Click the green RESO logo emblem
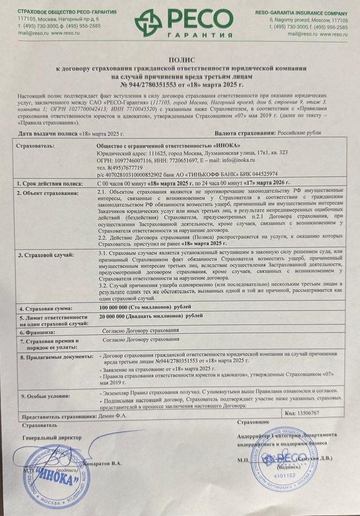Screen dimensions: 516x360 click(148, 22)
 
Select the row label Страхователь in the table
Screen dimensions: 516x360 click(35, 146)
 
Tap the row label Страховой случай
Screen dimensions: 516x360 click(46, 255)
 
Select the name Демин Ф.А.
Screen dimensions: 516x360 click(111, 416)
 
